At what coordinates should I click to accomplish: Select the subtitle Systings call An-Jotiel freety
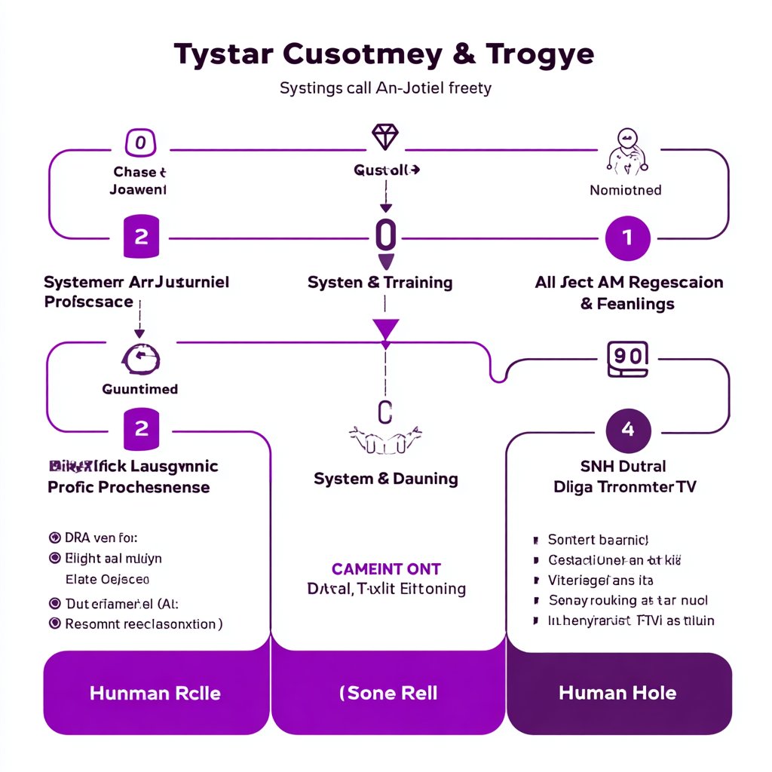tap(385, 88)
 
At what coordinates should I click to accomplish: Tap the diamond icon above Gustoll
tap(385, 137)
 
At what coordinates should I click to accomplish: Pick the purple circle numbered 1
tap(626, 237)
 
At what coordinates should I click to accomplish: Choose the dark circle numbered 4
tap(626, 430)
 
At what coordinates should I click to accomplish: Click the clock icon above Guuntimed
tap(141, 358)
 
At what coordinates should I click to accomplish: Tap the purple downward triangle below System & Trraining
tap(385, 329)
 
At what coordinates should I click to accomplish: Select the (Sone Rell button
tap(388, 693)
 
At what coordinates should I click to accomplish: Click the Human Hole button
tap(617, 693)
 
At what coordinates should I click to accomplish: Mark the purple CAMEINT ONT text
tap(386, 569)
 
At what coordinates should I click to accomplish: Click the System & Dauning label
tap(385, 479)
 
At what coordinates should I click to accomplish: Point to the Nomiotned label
tap(625, 190)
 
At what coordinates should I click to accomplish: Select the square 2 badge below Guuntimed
tap(141, 429)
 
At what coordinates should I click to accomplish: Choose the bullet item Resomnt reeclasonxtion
tap(143, 623)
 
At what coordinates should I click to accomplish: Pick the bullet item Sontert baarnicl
tap(599, 540)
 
